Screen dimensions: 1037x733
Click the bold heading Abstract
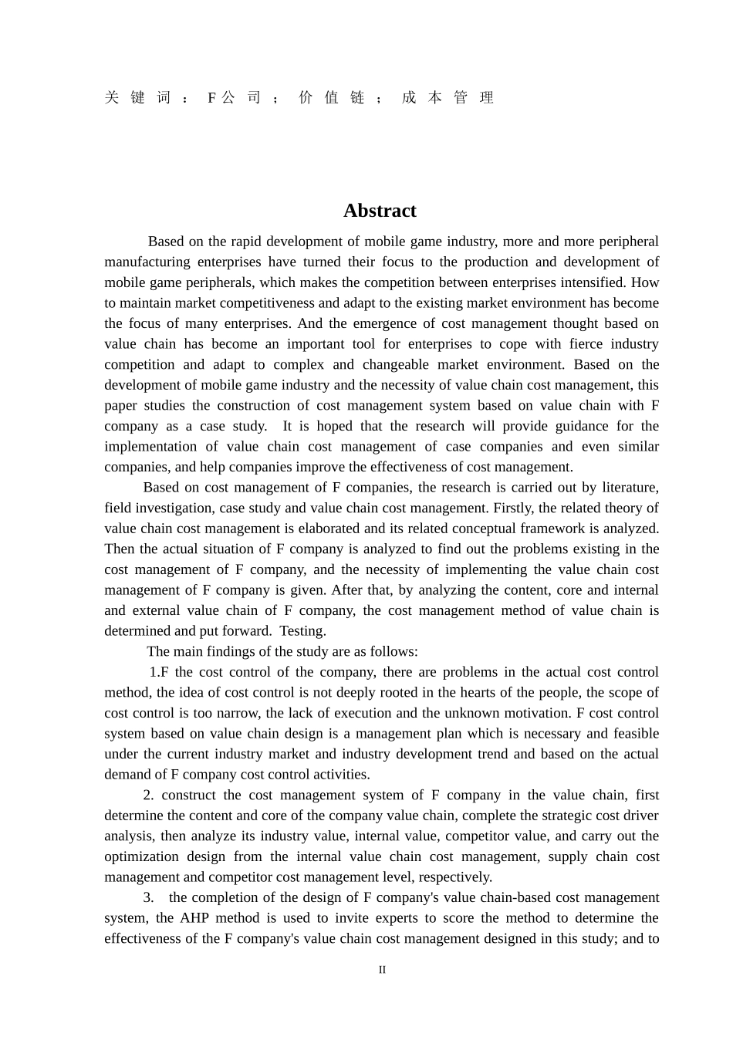pyautogui.click(x=380, y=211)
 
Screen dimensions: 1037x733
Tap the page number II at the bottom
pyautogui.click(x=382, y=970)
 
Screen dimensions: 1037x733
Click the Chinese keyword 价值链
pyautogui.click(x=332, y=97)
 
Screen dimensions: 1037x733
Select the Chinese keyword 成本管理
pyautogui.click(x=448, y=97)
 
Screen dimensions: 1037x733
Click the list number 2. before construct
pyautogui.click(x=148, y=795)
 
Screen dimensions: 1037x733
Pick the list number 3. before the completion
pyautogui.click(x=148, y=897)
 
